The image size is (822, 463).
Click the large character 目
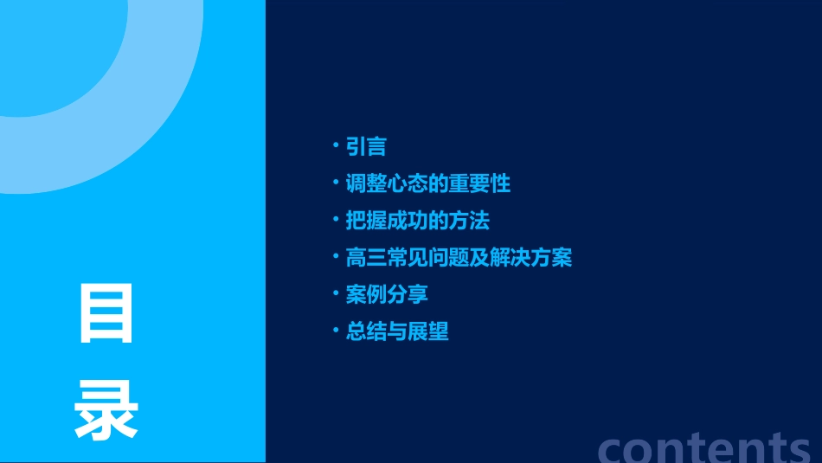click(x=106, y=313)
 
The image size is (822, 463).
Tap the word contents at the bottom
click(x=705, y=447)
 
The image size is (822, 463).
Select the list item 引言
click(x=366, y=146)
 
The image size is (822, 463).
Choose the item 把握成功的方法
click(x=417, y=221)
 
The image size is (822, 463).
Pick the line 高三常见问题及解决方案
click(x=459, y=258)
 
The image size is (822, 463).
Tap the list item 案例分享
click(x=387, y=294)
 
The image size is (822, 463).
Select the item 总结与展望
click(x=397, y=331)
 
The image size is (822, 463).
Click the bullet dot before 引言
click(x=337, y=145)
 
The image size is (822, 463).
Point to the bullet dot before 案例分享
click(x=337, y=293)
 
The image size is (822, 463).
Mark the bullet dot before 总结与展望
click(x=337, y=331)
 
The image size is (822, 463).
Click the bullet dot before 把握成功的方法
click(x=337, y=220)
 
